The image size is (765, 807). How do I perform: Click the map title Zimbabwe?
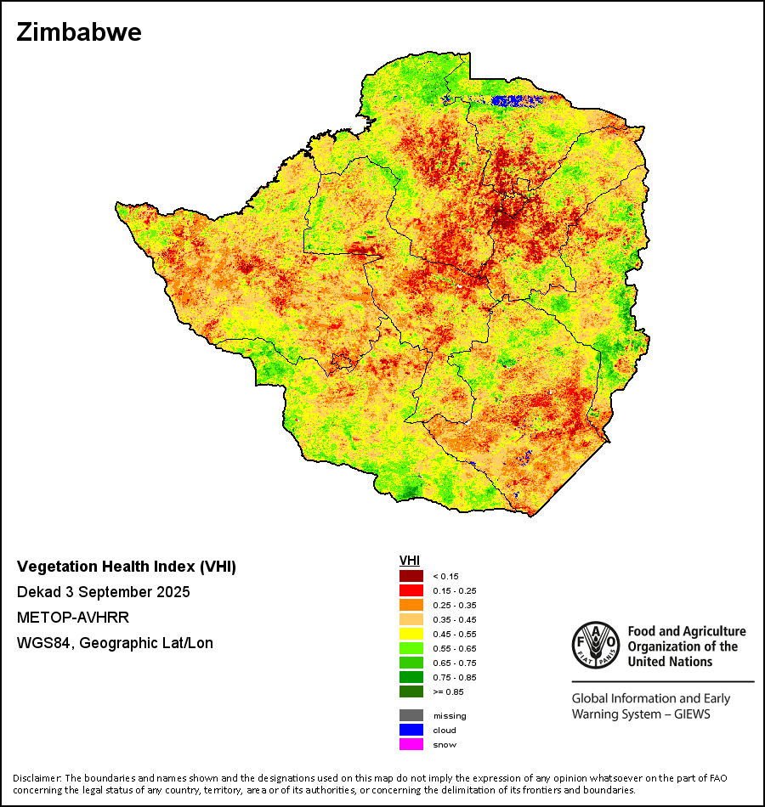point(78,32)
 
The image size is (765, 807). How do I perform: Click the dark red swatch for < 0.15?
point(411,576)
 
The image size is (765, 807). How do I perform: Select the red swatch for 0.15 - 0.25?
point(411,590)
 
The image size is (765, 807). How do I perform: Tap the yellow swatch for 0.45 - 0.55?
point(411,634)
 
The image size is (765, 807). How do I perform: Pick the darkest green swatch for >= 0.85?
point(411,691)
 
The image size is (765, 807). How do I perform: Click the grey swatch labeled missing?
point(411,715)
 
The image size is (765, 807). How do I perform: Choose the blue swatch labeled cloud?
point(411,730)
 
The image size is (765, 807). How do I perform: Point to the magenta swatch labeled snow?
point(411,744)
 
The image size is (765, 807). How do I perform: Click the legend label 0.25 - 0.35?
point(455,605)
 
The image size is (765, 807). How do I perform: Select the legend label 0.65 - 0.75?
point(455,663)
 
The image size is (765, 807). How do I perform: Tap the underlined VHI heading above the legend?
point(410,561)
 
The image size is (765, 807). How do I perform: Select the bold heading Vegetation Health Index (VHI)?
point(127,567)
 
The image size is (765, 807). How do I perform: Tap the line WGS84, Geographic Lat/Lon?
point(115,643)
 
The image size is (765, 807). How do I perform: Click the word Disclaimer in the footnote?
point(37,778)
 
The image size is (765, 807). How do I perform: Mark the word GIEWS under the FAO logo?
point(690,714)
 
